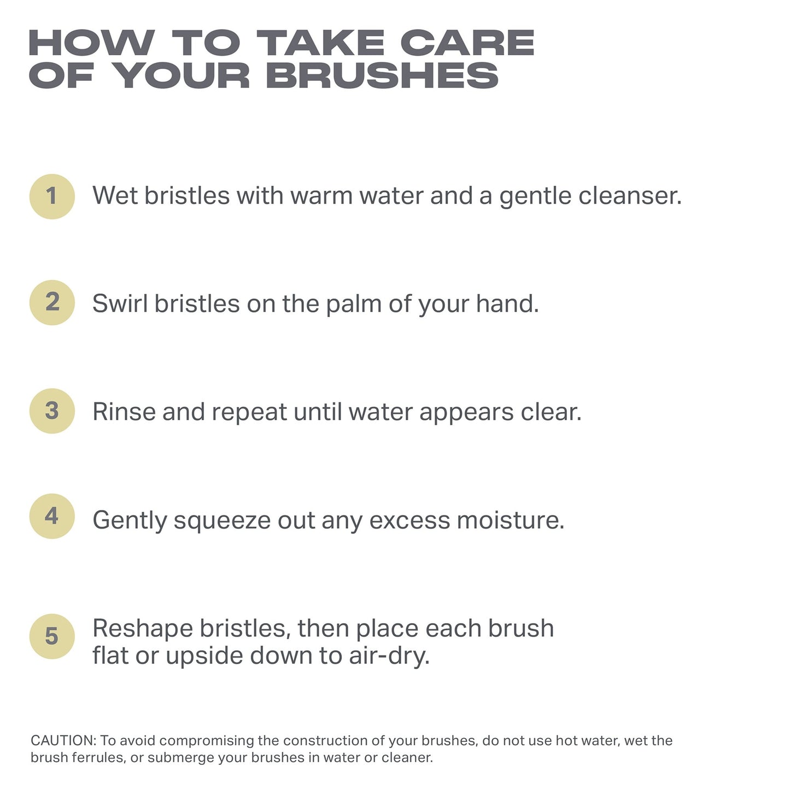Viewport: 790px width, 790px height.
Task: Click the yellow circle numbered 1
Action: tap(52, 196)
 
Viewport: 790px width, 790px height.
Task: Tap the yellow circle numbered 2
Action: tap(52, 302)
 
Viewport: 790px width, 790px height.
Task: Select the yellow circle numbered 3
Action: tap(52, 411)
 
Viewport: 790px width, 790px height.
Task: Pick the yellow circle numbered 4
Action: tap(52, 516)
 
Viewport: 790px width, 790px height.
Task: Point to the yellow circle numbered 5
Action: tap(52, 636)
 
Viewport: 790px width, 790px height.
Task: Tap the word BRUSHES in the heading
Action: tap(382, 75)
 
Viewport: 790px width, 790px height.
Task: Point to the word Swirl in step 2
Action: tap(120, 303)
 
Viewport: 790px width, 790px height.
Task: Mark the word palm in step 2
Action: tap(353, 304)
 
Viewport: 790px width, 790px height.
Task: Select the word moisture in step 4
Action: tap(510, 520)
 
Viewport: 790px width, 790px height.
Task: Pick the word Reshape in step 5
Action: tap(142, 629)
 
